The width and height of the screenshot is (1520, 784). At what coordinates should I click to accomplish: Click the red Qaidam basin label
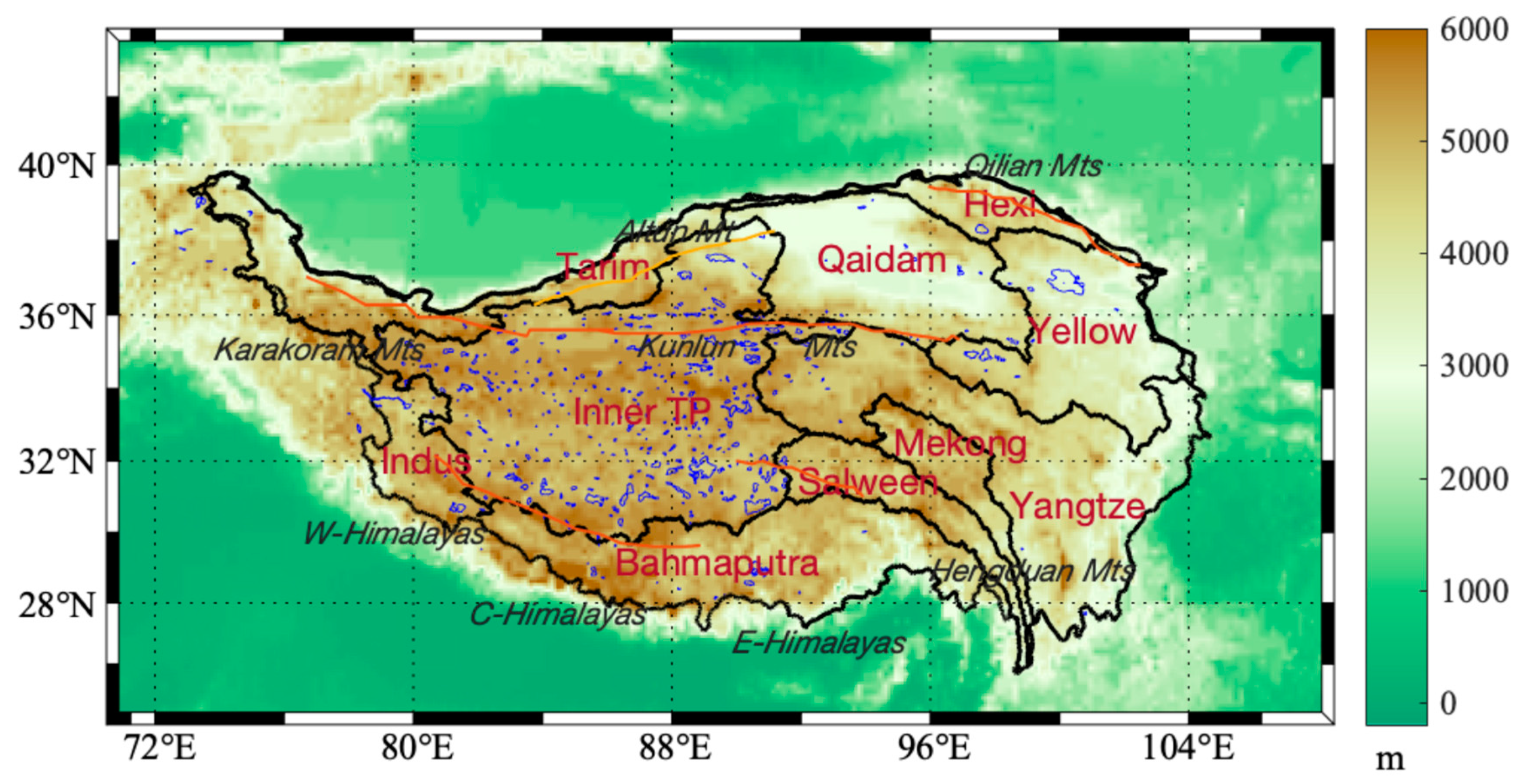coord(881,260)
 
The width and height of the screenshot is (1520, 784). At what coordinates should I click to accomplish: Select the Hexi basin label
coord(999,205)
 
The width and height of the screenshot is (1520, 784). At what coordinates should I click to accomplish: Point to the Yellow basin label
coord(1083,331)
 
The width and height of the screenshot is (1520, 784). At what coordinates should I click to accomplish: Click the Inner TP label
coord(642,412)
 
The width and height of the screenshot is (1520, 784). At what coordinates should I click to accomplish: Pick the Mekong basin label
coord(960,444)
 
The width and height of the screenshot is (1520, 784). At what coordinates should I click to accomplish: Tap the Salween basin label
coord(867,483)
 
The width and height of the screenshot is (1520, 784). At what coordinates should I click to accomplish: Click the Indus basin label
coord(426,461)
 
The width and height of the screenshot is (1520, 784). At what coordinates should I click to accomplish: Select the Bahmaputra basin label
coord(717,563)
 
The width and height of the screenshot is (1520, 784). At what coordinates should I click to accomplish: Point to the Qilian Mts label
coord(1033,166)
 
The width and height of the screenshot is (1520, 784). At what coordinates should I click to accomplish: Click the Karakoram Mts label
coord(319,350)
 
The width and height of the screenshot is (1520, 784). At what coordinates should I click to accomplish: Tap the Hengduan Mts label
coord(1033,571)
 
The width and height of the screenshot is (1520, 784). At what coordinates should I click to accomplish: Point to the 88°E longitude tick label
coord(674,748)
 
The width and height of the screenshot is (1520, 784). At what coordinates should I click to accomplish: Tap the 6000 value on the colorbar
coord(1474,29)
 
